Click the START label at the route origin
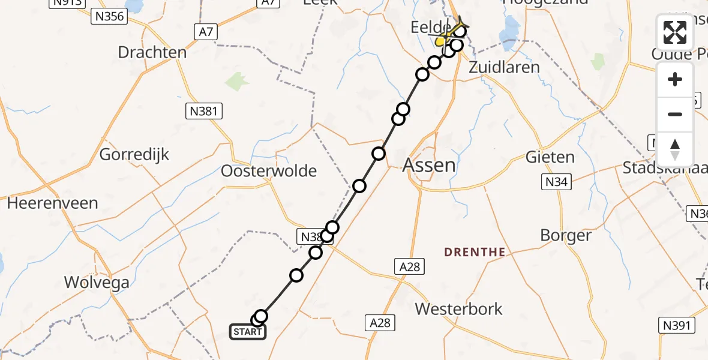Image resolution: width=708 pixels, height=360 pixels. coord(248,331)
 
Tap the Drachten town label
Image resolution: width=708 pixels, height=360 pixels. coord(152,52)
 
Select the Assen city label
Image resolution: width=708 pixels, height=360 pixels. coord(429,164)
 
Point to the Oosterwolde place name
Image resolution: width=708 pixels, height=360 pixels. coord(269,171)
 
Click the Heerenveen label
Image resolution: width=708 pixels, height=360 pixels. coord(52,203)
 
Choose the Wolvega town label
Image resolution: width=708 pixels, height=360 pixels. coord(97,282)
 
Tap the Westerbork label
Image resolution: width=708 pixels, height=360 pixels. coord(459,309)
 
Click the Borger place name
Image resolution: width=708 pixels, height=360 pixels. coord(566,235)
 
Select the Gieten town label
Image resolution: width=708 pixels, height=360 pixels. coord(550,157)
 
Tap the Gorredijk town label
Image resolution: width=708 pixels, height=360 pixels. coord(134,154)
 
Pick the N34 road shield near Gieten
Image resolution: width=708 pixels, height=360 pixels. coord(556,182)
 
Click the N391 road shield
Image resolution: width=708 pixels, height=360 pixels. coord(677,325)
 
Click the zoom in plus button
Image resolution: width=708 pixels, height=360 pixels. coord(675,79)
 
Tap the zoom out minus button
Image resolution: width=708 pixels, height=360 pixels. coord(675,114)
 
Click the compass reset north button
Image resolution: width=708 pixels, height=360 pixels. coord(675,149)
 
